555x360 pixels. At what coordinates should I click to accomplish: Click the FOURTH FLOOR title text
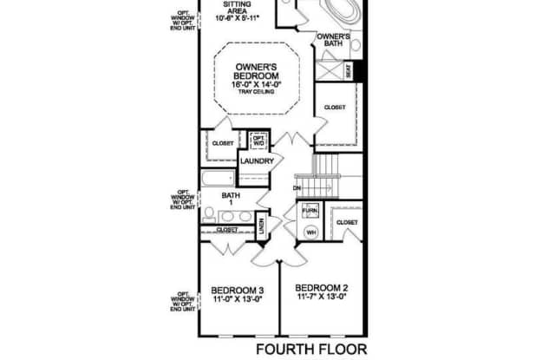311,349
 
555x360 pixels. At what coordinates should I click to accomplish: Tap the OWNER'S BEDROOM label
256,71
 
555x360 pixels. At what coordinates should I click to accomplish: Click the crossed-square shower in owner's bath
328,69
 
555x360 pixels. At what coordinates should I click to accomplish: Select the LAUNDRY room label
258,161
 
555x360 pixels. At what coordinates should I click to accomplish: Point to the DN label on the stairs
297,187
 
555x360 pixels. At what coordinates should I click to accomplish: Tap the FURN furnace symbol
310,211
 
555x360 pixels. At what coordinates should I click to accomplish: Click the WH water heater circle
310,232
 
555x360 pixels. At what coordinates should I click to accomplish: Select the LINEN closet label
261,226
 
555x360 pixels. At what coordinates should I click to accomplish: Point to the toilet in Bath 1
211,214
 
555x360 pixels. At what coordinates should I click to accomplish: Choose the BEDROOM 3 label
237,290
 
